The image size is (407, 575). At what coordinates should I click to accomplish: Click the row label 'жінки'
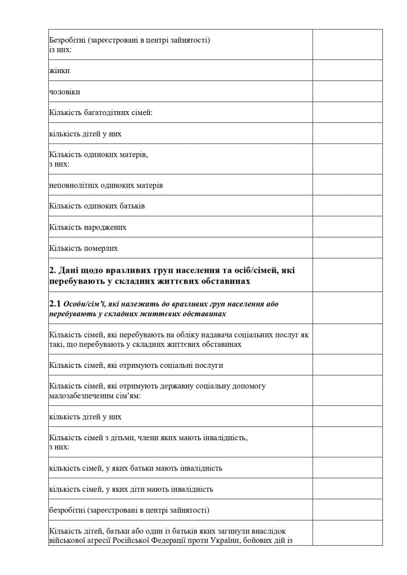point(60,71)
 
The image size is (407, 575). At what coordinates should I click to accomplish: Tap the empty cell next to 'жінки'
point(347,71)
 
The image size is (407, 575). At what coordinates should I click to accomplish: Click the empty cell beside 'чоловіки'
point(347,92)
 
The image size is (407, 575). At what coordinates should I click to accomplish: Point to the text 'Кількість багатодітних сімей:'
point(101,113)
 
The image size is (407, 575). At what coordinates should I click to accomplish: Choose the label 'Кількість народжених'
point(88,227)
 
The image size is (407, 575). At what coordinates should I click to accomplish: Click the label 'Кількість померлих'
point(83,248)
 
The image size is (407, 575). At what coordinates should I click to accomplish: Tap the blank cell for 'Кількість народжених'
point(347,227)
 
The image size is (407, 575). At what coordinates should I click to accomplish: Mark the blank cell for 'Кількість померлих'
point(347,248)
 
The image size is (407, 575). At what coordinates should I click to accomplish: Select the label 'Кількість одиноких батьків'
point(97,206)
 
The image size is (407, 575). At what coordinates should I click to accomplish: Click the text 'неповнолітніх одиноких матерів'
point(106,185)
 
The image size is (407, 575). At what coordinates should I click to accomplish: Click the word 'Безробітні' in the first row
point(67,40)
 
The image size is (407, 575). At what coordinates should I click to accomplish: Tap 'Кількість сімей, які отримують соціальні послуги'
point(136,365)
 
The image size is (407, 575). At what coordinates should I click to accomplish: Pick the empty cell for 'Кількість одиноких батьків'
point(347,206)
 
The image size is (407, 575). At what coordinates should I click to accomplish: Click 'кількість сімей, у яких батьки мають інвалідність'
point(136,468)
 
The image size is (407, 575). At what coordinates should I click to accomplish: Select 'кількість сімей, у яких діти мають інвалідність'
point(131,489)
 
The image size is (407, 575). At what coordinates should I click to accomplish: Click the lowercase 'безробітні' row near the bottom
point(129,510)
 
